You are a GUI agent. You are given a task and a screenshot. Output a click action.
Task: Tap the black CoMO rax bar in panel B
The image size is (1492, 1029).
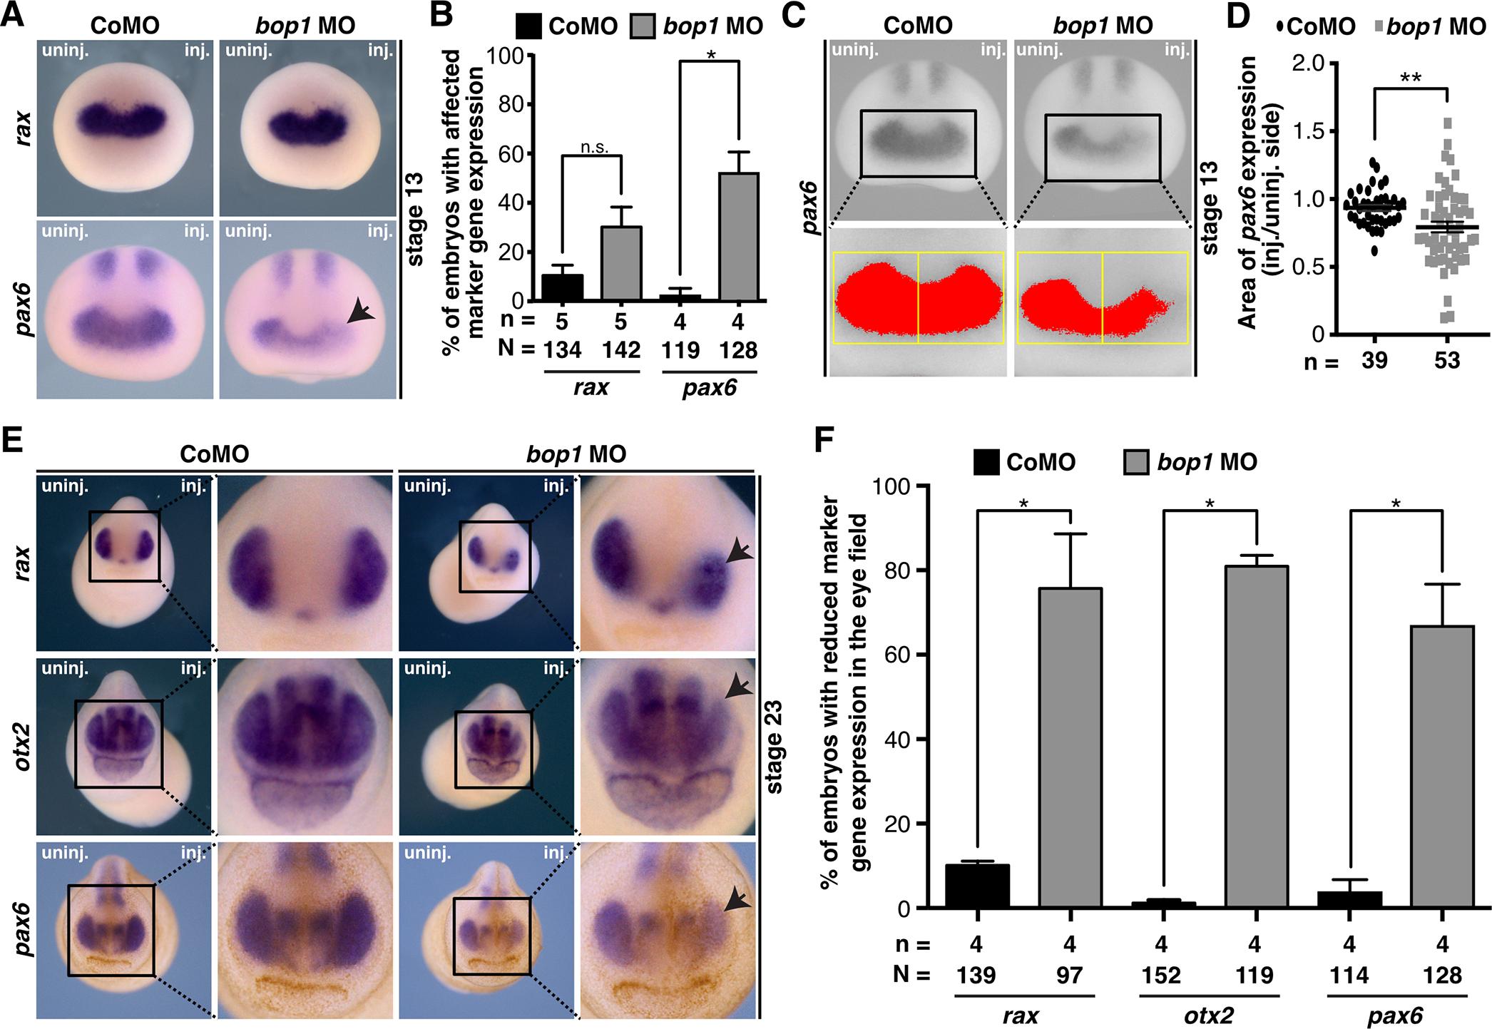(563, 288)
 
